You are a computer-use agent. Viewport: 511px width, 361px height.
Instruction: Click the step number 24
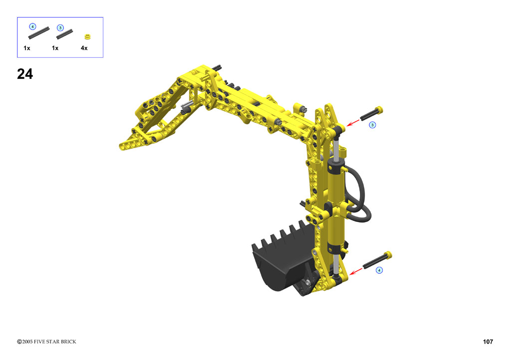tap(25, 74)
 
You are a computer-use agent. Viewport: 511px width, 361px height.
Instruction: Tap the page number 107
tap(488, 342)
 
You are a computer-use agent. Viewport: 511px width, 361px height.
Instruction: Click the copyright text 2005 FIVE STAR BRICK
tap(46, 342)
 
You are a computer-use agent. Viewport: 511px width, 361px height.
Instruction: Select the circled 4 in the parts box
tap(32, 26)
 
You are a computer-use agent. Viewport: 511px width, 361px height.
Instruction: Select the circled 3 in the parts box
tap(60, 27)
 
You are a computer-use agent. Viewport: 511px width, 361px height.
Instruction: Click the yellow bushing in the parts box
tap(87, 36)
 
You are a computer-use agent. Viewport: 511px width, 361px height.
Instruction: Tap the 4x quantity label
tap(84, 48)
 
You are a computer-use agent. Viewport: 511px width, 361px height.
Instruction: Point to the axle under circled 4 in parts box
tap(39, 32)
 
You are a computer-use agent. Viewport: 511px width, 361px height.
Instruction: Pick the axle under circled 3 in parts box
tap(64, 34)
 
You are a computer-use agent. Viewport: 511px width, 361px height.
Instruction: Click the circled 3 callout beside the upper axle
tap(372, 125)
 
